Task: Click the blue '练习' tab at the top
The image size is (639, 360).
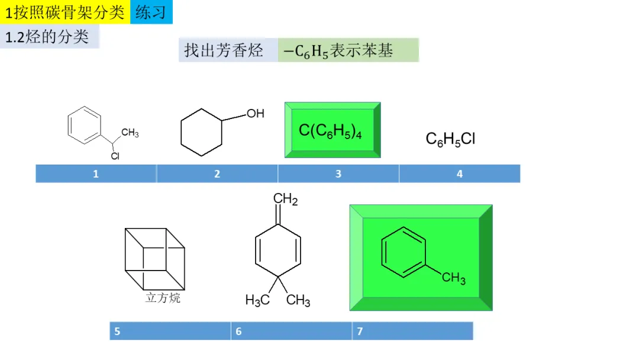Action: point(151,12)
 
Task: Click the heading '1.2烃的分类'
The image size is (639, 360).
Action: point(47,37)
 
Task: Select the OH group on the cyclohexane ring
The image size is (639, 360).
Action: point(255,113)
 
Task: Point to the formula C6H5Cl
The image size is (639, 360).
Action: point(450,139)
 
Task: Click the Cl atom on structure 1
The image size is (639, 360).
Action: point(115,156)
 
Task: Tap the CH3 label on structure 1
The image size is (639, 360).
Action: point(130,133)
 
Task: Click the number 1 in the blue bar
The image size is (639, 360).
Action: point(96,174)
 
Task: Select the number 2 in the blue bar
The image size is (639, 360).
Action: point(217,174)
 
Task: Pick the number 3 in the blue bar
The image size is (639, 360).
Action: point(338,174)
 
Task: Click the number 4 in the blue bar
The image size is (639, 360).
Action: point(460,174)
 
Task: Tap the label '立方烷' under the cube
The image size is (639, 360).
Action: point(163,298)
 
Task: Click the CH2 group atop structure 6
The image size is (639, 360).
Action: point(286,200)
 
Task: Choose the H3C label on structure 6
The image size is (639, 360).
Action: point(258,301)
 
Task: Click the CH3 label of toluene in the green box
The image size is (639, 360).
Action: point(454,278)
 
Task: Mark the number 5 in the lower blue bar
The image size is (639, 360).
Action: point(117,332)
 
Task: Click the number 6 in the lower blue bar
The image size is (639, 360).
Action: point(238,332)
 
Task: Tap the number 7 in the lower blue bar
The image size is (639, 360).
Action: point(360,332)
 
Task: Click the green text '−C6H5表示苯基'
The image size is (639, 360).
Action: point(338,51)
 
